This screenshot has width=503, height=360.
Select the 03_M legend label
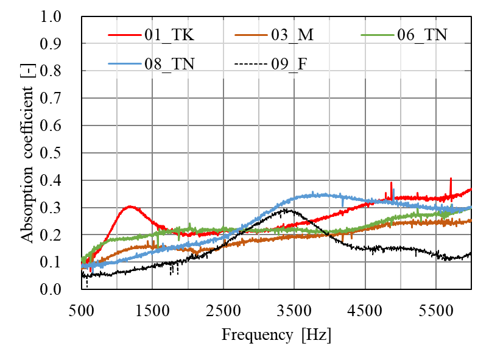point(292,35)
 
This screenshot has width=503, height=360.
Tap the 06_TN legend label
point(422,35)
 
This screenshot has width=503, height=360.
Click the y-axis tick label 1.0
point(53,18)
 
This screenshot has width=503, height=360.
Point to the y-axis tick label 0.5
point(53,154)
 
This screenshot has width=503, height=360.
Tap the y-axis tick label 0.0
point(53,289)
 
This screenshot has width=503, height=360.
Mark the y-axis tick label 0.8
point(53,72)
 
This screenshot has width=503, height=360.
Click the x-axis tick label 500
point(82,309)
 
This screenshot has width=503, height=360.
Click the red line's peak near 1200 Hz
point(130,206)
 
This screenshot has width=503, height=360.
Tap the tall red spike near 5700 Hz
point(451,178)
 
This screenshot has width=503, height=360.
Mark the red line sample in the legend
point(124,35)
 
